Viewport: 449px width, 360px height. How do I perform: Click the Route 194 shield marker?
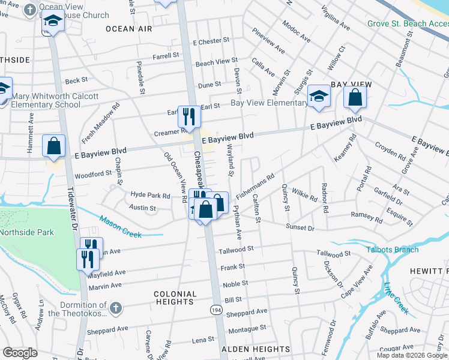[215, 309]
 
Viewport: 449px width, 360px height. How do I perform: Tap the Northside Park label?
[27, 232]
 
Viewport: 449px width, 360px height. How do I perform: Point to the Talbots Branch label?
[391, 250]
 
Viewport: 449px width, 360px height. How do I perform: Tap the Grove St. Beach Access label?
[408, 24]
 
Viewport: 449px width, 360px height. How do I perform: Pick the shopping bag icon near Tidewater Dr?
[54, 145]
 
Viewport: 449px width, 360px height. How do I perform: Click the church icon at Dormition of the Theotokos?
[116, 308]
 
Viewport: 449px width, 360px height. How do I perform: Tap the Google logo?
[20, 353]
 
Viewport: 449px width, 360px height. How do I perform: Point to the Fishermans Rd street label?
[255, 186]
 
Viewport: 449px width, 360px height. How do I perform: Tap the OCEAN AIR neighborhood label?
[129, 29]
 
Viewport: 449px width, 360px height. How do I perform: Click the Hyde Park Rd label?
[151, 196]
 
